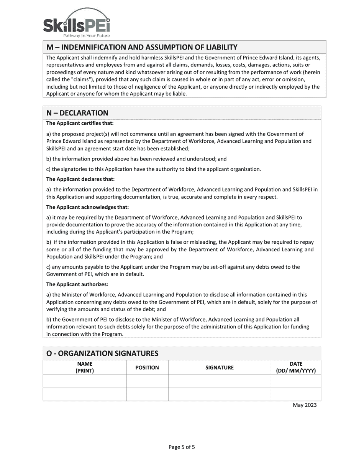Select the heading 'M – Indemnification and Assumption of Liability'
coord(142,47)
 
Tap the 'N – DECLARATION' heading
coord(77,113)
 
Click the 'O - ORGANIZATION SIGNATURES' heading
coord(102,353)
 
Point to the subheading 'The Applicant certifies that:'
coord(80,123)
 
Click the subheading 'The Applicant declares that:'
coord(80,179)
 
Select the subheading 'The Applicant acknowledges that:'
coord(87,207)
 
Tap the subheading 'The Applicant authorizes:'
coord(77,284)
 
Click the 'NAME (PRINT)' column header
coord(85,367)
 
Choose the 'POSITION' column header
coord(147,368)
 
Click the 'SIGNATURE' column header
coord(220,368)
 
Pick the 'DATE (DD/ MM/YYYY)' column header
coord(296,367)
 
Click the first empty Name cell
coord(85,381)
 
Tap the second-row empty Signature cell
coord(220,394)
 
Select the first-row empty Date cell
coord(296,381)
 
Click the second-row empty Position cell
coord(147,394)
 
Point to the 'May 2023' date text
coord(305,405)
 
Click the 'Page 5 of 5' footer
coord(182,447)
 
